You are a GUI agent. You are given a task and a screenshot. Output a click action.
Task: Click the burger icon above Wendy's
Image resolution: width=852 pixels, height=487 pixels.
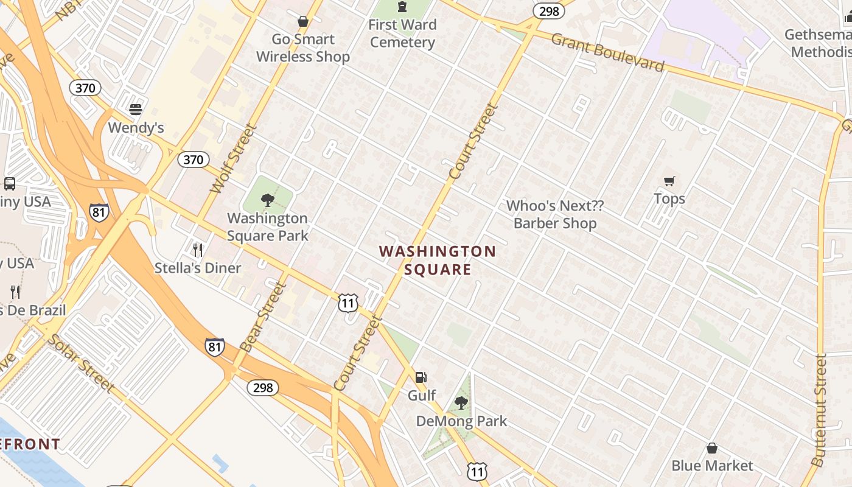136,110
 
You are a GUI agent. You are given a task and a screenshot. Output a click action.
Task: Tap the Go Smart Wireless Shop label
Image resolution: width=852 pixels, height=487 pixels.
302,48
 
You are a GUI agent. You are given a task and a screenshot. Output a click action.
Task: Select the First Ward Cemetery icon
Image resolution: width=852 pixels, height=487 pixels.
402,7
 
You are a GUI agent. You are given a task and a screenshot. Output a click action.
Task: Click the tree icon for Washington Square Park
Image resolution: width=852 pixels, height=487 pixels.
267,200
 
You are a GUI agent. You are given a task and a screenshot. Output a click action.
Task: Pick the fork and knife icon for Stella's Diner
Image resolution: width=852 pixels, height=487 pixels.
198,250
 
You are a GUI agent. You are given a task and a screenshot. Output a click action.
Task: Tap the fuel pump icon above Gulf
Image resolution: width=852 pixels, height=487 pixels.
421,377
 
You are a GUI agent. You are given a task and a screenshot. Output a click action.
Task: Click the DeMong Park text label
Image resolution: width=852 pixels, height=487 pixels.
461,421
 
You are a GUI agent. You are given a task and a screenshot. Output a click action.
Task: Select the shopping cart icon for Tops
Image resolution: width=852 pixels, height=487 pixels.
669,181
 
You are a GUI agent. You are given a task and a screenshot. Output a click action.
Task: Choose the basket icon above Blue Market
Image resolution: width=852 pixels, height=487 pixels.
712,449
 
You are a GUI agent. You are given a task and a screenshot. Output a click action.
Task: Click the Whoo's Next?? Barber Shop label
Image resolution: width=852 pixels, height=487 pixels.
554,214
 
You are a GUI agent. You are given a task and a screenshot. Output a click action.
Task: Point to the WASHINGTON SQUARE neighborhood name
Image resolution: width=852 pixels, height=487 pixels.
438,260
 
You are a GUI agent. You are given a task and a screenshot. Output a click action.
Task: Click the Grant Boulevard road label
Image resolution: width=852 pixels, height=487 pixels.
607,52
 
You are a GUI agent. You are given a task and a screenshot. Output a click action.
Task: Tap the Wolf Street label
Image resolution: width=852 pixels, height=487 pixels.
234,159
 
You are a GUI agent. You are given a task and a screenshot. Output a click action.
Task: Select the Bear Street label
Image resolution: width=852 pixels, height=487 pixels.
263,317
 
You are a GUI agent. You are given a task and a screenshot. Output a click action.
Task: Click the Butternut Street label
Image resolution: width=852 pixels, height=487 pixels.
819,410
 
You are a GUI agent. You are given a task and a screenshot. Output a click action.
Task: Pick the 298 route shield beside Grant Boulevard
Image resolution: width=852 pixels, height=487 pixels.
545,11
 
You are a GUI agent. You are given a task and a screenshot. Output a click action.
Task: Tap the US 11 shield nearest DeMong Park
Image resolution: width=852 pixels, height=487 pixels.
477,471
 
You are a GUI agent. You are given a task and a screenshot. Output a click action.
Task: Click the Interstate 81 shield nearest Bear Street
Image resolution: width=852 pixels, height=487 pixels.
214,346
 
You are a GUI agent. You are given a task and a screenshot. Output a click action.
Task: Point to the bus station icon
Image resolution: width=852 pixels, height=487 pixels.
10,184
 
